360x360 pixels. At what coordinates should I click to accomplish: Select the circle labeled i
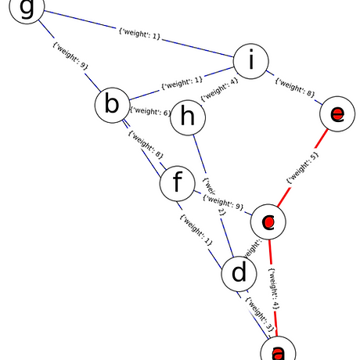[248, 62]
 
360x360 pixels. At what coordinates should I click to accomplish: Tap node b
[112, 105]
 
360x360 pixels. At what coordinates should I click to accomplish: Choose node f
[177, 185]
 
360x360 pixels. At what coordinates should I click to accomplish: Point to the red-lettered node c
[268, 222]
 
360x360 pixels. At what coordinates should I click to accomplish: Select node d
[239, 274]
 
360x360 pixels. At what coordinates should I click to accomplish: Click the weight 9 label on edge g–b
[70, 57]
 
